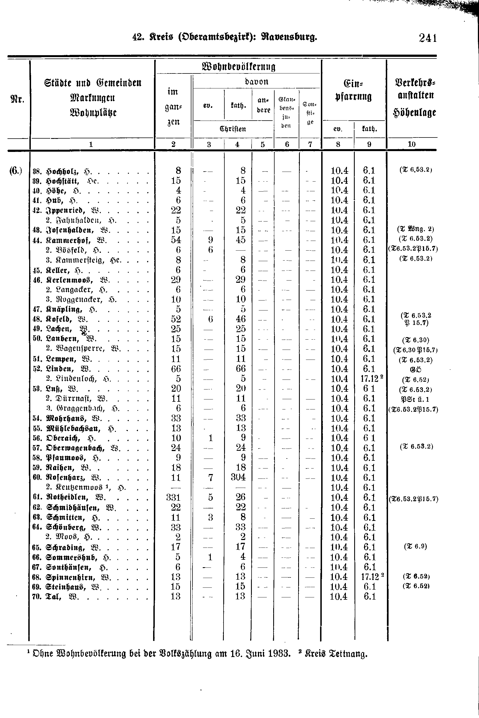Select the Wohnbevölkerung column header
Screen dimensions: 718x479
tap(239, 67)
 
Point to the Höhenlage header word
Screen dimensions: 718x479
tap(414, 113)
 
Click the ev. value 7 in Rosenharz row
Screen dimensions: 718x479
tap(211, 477)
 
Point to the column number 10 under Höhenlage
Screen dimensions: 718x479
tap(412, 144)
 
